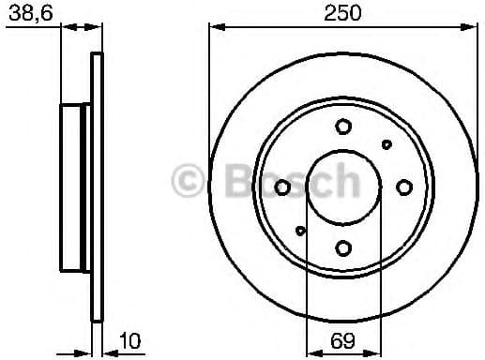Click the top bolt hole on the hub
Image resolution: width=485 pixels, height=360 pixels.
pos(343,127)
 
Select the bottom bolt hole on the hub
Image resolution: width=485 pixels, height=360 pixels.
pos(343,247)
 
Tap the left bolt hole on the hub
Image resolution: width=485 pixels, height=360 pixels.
pos(282,187)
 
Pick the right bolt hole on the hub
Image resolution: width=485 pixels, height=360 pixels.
pos(403,187)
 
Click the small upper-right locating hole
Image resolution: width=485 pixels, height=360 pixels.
pos(386,144)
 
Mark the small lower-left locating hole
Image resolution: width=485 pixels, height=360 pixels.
pos(300,231)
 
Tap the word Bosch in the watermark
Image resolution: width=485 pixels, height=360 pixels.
pos(281,179)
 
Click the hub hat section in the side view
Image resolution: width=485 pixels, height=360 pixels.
pos(75,187)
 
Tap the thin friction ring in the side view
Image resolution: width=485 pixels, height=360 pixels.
pos(96,187)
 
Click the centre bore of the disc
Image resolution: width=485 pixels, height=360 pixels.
pos(343,187)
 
